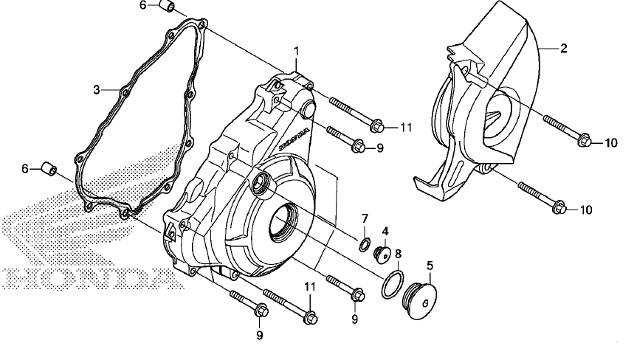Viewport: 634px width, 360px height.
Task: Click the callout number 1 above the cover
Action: pyautogui.click(x=296, y=52)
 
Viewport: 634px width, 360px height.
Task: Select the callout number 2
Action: pyautogui.click(x=563, y=49)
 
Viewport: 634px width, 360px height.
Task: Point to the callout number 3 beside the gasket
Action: pyautogui.click(x=96, y=90)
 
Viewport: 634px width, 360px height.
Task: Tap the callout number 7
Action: pyautogui.click(x=364, y=218)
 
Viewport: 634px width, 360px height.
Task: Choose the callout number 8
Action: pyautogui.click(x=398, y=254)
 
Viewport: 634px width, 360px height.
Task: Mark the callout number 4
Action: pyautogui.click(x=385, y=232)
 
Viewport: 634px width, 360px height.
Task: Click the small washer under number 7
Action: pyautogui.click(x=364, y=243)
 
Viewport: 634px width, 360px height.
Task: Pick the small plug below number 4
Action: pyautogui.click(x=382, y=253)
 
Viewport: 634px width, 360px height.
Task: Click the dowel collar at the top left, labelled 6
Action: pyautogui.click(x=169, y=7)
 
